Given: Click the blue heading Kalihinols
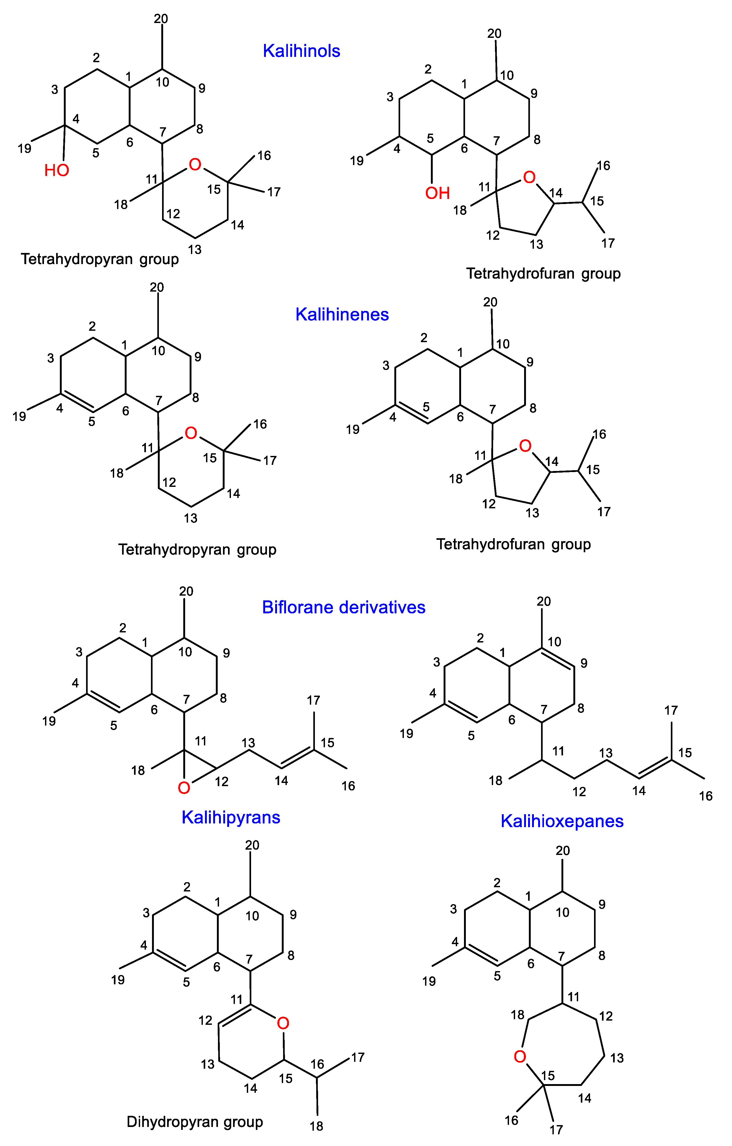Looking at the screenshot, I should [301, 51].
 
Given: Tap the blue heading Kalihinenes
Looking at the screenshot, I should [342, 315].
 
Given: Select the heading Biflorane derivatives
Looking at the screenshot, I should [343, 607].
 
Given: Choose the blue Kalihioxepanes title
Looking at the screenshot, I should [562, 821].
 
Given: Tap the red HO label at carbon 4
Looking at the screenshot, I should [57, 170].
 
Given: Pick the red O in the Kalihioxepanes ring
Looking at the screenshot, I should [520, 1057].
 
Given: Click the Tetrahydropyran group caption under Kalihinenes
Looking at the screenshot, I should [197, 550].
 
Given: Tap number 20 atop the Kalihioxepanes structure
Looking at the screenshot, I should [563, 850].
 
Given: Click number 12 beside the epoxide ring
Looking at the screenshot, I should [221, 781].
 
